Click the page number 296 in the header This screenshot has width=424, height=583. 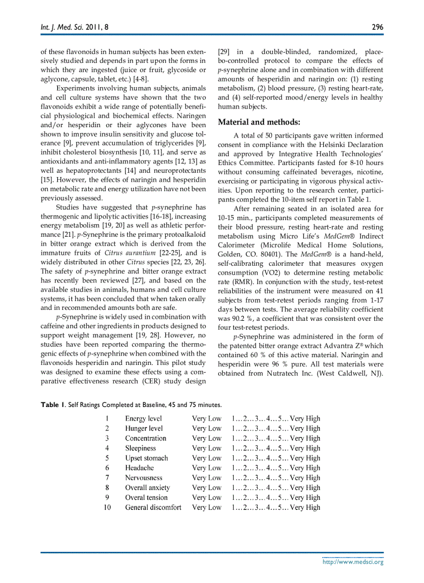[377, 26]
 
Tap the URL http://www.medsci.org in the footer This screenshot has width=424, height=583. [353, 561]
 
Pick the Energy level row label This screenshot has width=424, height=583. [143, 418]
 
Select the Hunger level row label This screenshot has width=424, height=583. [144, 428]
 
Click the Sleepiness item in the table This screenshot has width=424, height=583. [140, 448]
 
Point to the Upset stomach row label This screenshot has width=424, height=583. [147, 458]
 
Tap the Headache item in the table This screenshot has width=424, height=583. [139, 468]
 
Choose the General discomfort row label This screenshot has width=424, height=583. [153, 507]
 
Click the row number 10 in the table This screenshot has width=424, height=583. [107, 507]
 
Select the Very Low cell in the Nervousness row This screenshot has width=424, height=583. [206, 478]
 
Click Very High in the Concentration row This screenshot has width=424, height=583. [305, 438]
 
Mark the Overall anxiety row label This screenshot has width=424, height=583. [148, 487]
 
